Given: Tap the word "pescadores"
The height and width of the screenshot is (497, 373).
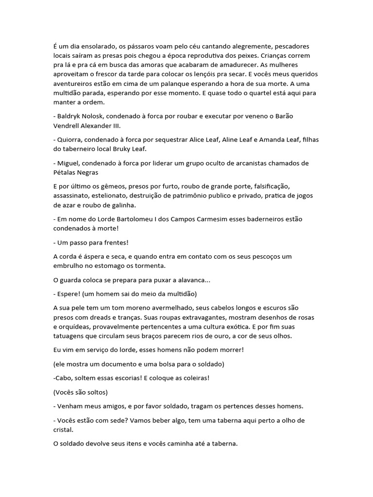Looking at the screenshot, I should [296, 47].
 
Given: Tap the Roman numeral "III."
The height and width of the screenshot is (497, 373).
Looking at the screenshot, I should [127, 126].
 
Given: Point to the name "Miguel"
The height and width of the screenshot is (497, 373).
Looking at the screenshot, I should [69, 163].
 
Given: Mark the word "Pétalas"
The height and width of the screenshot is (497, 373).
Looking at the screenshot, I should [67, 172].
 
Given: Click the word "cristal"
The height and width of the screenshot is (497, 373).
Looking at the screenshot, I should [64, 429].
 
